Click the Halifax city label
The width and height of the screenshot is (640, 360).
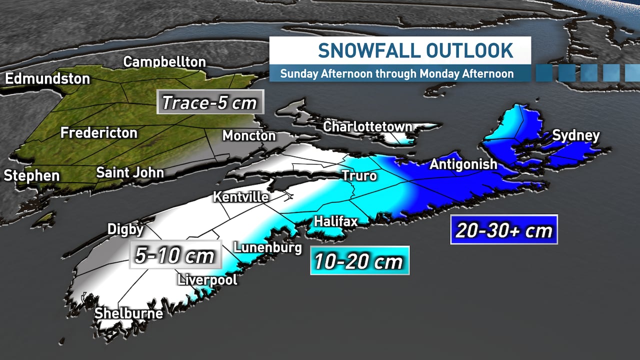pos(335,220)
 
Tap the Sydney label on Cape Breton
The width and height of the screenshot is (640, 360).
pos(575,135)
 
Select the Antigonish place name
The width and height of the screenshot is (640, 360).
pos(463,164)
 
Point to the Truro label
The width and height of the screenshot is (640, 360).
pos(359,176)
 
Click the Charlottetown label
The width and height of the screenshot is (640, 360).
pos(367,126)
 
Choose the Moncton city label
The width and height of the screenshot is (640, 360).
pos(249,135)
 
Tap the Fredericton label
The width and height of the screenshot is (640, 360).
pos(99,133)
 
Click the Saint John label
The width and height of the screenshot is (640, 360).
pos(130,173)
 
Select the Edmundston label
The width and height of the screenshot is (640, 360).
pos(47,78)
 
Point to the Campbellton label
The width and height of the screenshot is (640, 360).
pos(164,62)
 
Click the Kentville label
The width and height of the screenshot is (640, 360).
pos(241,197)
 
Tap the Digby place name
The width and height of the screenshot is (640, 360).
pos(125,229)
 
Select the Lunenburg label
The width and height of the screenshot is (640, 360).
pos(268,247)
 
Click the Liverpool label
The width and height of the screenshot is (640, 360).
pos(207,279)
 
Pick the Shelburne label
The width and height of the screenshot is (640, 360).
pos(129,313)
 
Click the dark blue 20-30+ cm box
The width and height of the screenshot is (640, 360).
pos(503,230)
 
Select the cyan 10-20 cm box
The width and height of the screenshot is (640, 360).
pos(359,260)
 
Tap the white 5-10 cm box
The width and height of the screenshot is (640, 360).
pos(175,255)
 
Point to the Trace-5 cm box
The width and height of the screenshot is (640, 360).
pos(210,102)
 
